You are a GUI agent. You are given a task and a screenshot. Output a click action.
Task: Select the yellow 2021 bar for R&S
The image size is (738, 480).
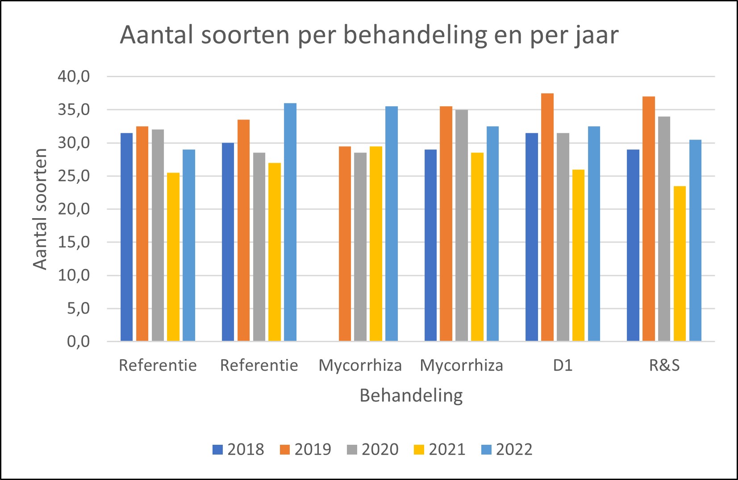coord(680,264)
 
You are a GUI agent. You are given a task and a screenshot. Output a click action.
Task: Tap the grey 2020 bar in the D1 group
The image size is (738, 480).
coord(563,237)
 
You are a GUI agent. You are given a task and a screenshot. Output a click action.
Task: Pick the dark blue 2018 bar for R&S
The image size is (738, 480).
coord(633,245)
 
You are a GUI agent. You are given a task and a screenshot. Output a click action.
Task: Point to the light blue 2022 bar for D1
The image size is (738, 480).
coord(594,234)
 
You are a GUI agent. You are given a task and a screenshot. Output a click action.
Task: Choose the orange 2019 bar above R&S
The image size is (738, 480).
coord(648,219)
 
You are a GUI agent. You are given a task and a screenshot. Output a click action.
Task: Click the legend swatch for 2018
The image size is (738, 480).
coord(217,450)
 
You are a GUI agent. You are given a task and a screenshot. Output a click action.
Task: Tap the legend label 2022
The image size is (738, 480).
coord(514,450)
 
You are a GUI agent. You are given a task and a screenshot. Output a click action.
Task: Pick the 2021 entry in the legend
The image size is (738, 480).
coord(447,450)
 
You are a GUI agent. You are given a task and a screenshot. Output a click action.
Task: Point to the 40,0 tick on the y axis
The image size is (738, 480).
coord(74,77)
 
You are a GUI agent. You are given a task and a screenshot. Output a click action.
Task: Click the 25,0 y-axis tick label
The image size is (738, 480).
coord(74,176)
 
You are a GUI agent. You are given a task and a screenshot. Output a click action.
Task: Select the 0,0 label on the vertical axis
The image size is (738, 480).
coord(78,342)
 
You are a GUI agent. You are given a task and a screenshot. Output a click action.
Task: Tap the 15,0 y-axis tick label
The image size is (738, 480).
coord(74,242)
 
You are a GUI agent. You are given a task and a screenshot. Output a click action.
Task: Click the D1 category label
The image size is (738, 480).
coord(563,365)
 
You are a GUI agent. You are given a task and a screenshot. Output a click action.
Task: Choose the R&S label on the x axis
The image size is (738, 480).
coord(664,365)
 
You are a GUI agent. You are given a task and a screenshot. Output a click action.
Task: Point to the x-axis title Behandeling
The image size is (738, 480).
coord(411,396)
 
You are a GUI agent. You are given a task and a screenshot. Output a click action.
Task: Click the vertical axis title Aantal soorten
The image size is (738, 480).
coord(40,209)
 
